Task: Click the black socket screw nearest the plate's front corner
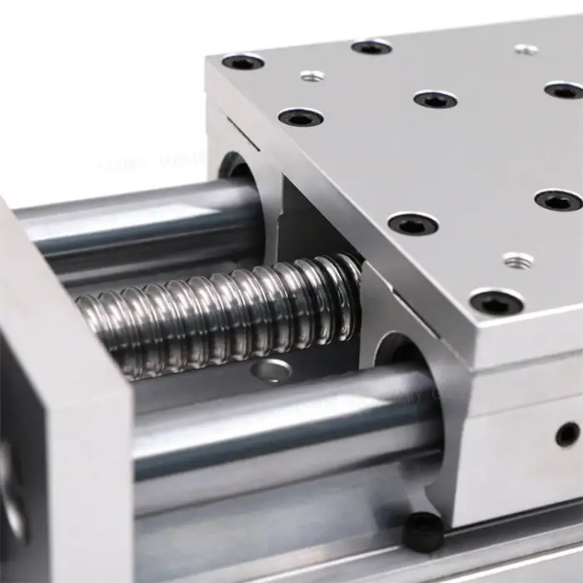[496, 302]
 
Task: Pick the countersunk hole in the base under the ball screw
[272, 371]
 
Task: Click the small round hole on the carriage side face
[567, 433]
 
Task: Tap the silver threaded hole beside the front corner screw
[517, 261]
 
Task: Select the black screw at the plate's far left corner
[243, 62]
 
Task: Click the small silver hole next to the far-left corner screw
[312, 77]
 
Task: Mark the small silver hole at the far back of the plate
[526, 49]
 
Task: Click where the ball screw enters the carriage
[350, 287]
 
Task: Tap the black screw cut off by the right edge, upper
[565, 90]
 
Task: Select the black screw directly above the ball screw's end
[413, 223]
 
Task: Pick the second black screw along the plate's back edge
[371, 47]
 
